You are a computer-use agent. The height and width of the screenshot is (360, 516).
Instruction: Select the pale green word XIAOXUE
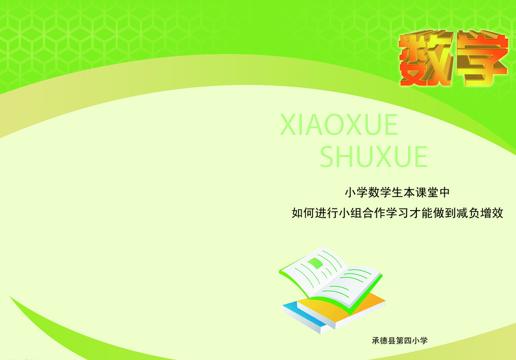tap(339, 124)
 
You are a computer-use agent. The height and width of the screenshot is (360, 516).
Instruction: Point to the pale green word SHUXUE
tap(374, 157)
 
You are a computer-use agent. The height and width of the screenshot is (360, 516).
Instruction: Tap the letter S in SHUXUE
tap(328, 157)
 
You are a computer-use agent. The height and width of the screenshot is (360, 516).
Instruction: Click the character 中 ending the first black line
tap(444, 192)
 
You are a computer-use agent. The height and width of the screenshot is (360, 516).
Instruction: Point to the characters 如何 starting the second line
tap(303, 213)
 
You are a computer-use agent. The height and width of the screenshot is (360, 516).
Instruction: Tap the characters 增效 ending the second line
tap(492, 213)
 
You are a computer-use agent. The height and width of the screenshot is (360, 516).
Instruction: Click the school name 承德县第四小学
tap(400, 341)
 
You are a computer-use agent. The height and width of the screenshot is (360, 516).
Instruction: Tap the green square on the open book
tap(315, 264)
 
